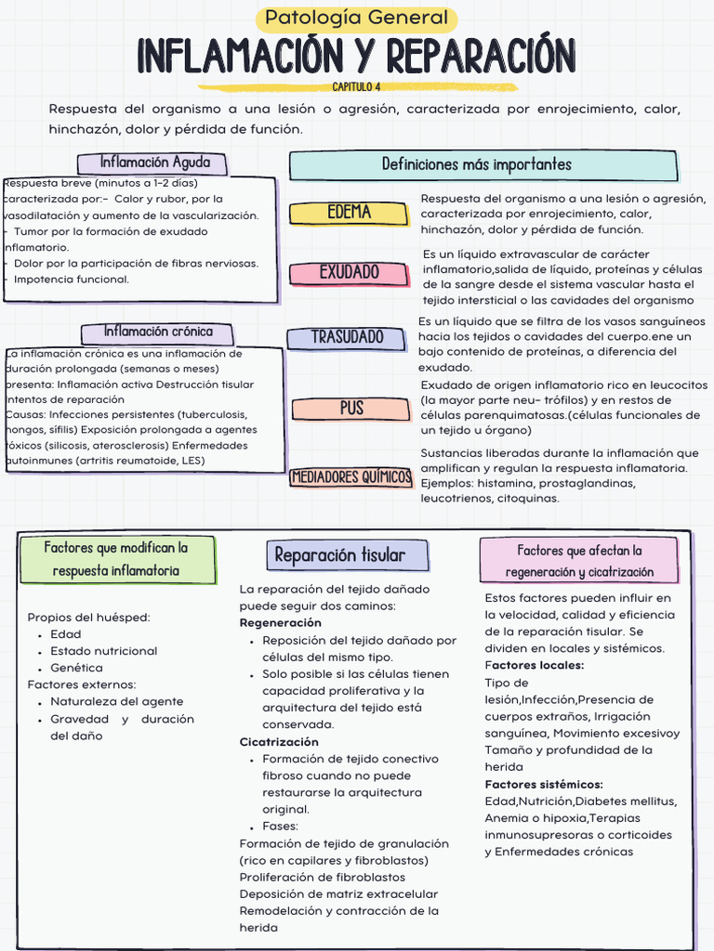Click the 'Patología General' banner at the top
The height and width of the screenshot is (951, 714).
tap(356, 18)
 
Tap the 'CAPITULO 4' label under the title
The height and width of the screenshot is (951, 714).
tap(356, 86)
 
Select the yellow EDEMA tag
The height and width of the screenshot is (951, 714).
tap(350, 213)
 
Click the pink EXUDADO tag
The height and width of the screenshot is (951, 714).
tap(350, 272)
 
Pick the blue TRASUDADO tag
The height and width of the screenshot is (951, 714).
tap(347, 337)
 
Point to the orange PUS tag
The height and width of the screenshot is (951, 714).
tap(351, 408)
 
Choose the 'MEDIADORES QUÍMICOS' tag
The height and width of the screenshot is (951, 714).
tap(351, 477)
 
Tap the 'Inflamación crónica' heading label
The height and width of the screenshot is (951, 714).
tap(158, 332)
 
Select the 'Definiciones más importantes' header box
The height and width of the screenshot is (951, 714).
tap(483, 165)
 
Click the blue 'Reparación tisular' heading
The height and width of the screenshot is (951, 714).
tap(339, 555)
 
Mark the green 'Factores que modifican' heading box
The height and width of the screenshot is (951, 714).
tap(116, 559)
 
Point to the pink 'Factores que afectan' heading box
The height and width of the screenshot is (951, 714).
tap(580, 561)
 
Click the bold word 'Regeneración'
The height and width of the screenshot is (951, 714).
tap(281, 622)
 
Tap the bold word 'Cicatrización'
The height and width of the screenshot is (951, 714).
tap(279, 742)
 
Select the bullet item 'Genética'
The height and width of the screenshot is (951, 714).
tap(76, 668)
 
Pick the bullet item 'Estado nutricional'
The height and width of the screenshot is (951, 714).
tap(103, 651)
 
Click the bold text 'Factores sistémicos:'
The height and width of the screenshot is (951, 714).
tap(544, 785)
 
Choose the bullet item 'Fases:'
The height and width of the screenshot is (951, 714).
tap(280, 826)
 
